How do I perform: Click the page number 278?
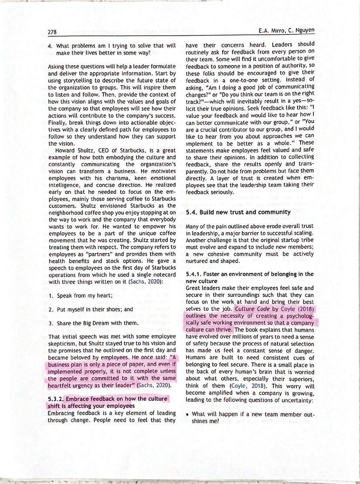53,31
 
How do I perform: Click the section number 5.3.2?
56,399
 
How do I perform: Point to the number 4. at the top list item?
50,46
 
